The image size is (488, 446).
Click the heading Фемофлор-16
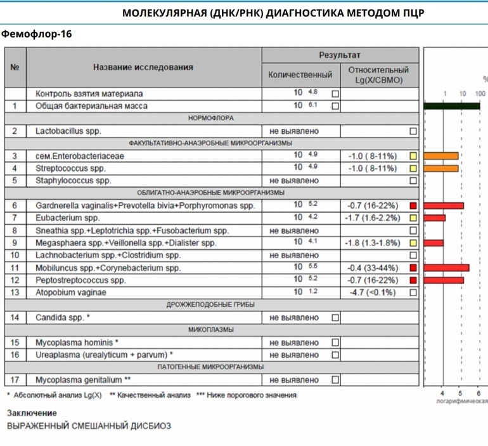pos(36,34)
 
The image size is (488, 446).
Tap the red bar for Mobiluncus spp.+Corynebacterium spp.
pos(446,268)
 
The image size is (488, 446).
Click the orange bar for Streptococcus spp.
pos(441,168)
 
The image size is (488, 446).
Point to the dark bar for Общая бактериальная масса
pos(451,106)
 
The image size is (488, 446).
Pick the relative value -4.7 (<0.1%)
pos(372,292)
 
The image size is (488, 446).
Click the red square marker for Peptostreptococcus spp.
pos(413,280)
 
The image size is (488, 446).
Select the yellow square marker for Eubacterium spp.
pos(413,218)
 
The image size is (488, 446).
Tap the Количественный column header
pos(300,75)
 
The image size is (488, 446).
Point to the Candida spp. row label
pos(63,317)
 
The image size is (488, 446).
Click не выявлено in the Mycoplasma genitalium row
pos(294,380)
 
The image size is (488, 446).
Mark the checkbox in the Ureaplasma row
pos(335,355)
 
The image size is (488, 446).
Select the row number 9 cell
pos(15,243)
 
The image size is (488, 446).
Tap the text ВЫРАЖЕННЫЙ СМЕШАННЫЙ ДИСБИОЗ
pos(89,426)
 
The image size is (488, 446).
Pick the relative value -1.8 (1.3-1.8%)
pos(372,243)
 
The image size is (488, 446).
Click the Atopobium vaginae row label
pos(71,292)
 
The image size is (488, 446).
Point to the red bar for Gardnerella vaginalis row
pos(444,206)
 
